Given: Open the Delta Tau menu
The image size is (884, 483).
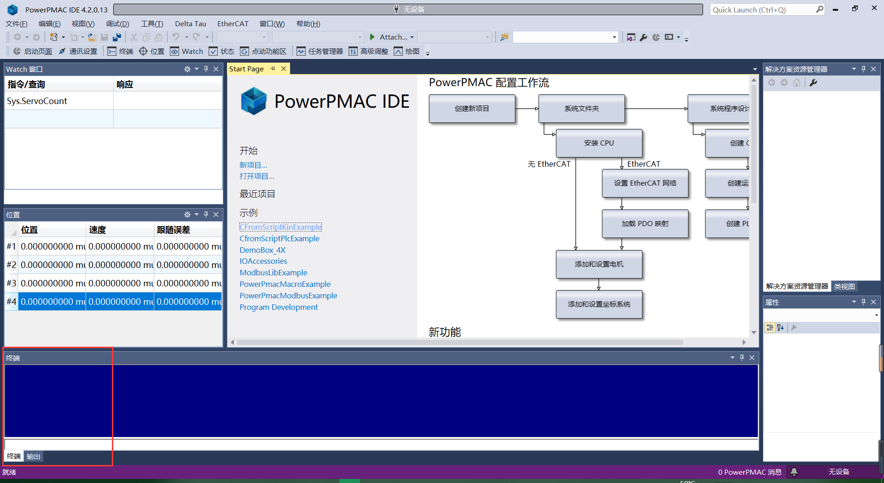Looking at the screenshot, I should pyautogui.click(x=190, y=24).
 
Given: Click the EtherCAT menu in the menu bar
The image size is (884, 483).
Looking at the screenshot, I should pyautogui.click(x=233, y=24).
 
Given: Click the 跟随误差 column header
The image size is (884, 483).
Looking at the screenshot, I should pyautogui.click(x=174, y=230).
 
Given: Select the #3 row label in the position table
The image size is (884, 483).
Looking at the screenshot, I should pyautogui.click(x=11, y=283).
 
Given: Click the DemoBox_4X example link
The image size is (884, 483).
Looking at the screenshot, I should pyautogui.click(x=262, y=250).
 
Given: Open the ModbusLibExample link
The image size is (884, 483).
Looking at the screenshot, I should pyautogui.click(x=273, y=273).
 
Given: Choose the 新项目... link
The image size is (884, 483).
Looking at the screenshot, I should pyautogui.click(x=253, y=165).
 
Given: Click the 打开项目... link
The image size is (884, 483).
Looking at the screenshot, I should pyautogui.click(x=256, y=176).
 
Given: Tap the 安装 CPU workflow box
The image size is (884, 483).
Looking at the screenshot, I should pyautogui.click(x=599, y=143).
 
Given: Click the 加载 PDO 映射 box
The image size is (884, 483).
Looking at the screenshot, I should pyautogui.click(x=645, y=224).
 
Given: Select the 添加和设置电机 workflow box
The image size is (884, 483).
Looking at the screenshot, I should pyautogui.click(x=599, y=264).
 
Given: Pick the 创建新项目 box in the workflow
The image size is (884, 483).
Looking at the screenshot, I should pyautogui.click(x=471, y=109).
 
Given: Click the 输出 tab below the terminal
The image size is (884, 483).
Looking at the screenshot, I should pyautogui.click(x=33, y=456).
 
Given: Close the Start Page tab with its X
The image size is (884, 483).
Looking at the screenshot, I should pyautogui.click(x=284, y=69).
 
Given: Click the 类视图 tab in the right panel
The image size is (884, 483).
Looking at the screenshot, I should pyautogui.click(x=844, y=286).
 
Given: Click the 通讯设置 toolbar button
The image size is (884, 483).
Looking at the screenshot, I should pyautogui.click(x=78, y=51).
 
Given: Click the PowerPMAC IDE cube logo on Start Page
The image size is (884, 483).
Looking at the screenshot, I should pyautogui.click(x=254, y=101).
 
